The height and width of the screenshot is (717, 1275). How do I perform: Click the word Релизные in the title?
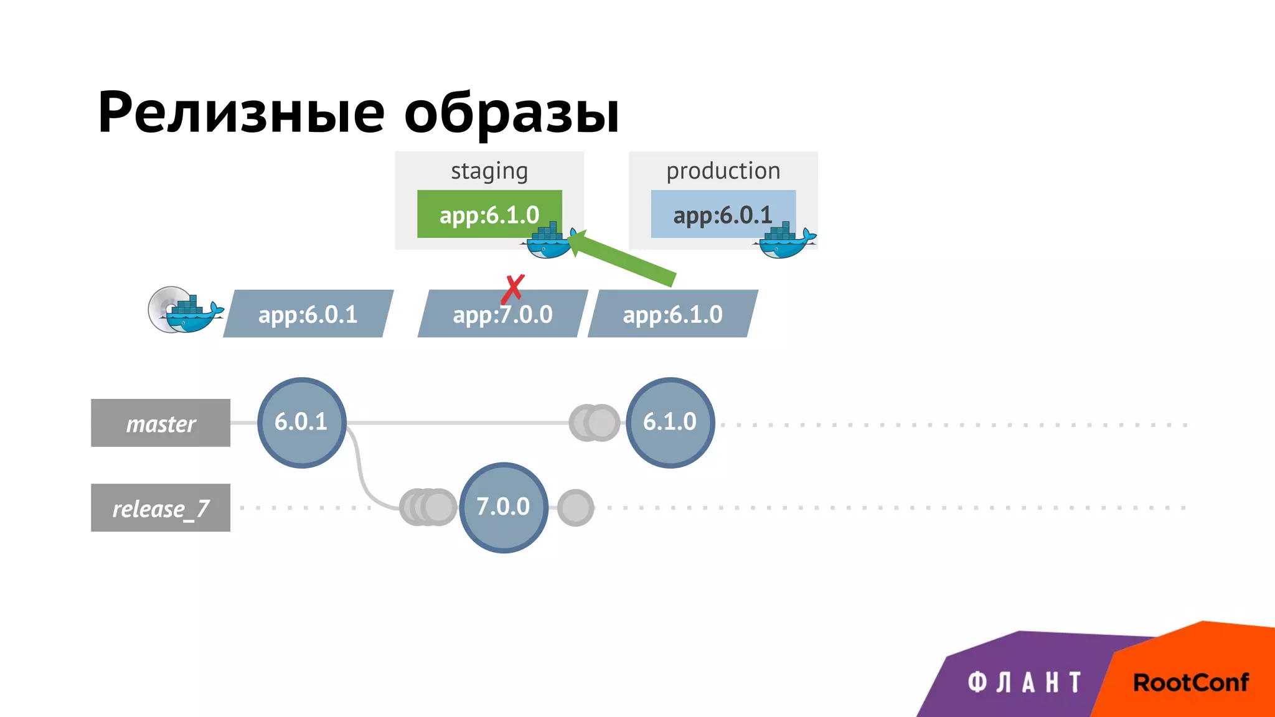(242, 113)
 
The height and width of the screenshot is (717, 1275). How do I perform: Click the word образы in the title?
(512, 113)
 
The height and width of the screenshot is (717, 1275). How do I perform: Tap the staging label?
(489, 171)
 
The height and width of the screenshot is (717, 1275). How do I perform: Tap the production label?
(723, 171)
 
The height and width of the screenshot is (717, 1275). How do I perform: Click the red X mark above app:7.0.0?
(513, 289)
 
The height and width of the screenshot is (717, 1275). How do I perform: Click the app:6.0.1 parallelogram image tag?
(308, 314)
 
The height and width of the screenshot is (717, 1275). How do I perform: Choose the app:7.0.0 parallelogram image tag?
(502, 315)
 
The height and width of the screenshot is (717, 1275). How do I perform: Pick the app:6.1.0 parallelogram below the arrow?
(672, 314)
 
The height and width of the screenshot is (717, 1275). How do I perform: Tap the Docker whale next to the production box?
(786, 241)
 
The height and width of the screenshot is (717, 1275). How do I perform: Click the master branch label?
(161, 423)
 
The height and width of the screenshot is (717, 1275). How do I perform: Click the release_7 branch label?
(161, 508)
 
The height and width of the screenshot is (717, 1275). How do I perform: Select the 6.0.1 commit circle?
(301, 423)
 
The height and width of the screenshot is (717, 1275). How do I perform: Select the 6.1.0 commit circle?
(670, 423)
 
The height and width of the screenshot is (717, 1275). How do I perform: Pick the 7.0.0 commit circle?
(503, 507)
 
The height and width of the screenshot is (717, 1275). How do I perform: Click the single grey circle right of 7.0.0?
(575, 508)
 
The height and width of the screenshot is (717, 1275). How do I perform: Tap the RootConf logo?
(1190, 682)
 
